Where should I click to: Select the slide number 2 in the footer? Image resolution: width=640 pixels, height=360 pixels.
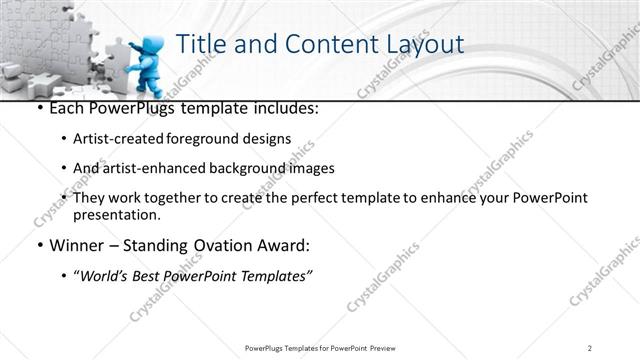pyautogui.click(x=591, y=347)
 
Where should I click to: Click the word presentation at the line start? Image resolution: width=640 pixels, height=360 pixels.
pyautogui.click(x=116, y=214)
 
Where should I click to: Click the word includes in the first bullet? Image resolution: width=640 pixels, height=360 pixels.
pyautogui.click(x=286, y=107)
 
